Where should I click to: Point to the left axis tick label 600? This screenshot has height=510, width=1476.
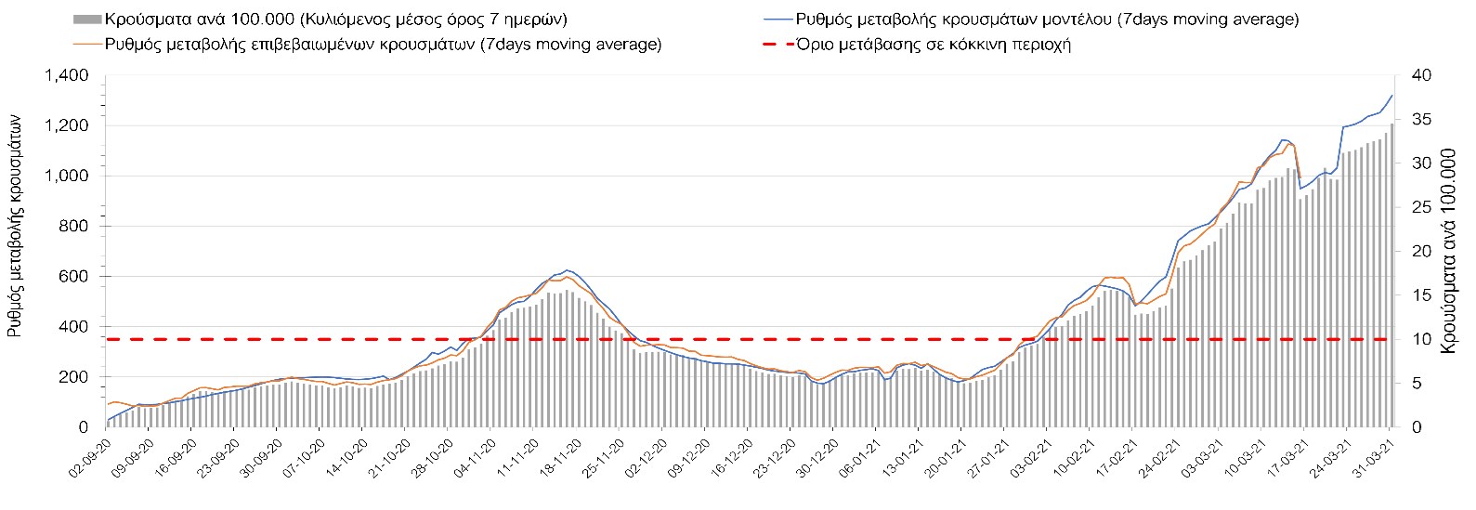pyautogui.click(x=74, y=276)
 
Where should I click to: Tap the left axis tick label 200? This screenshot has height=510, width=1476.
pyautogui.click(x=74, y=377)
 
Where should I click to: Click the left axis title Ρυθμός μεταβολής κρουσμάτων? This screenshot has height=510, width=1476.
pyautogui.click(x=16, y=225)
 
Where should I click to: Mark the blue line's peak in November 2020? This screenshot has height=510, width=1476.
pyautogui.click(x=568, y=270)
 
